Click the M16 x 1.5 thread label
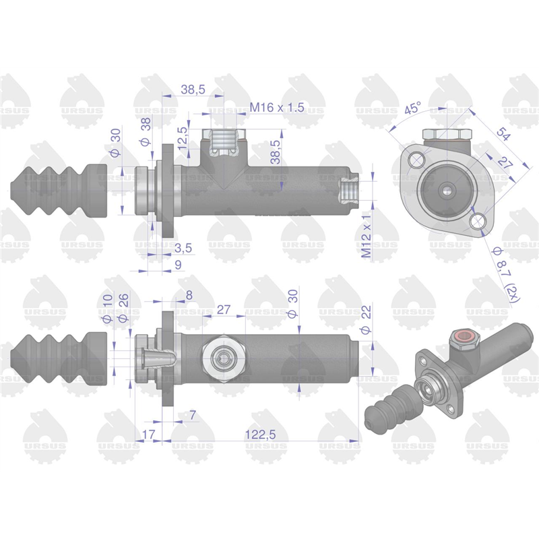coord(277,108)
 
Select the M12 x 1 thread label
coord(367,234)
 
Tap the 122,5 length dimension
coord(260,435)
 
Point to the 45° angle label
coord(412,108)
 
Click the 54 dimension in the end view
coord(503,133)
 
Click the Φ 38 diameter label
coord(146,131)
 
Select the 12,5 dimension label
coord(183,137)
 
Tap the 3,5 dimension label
coord(183,248)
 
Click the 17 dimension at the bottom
coord(148,435)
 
